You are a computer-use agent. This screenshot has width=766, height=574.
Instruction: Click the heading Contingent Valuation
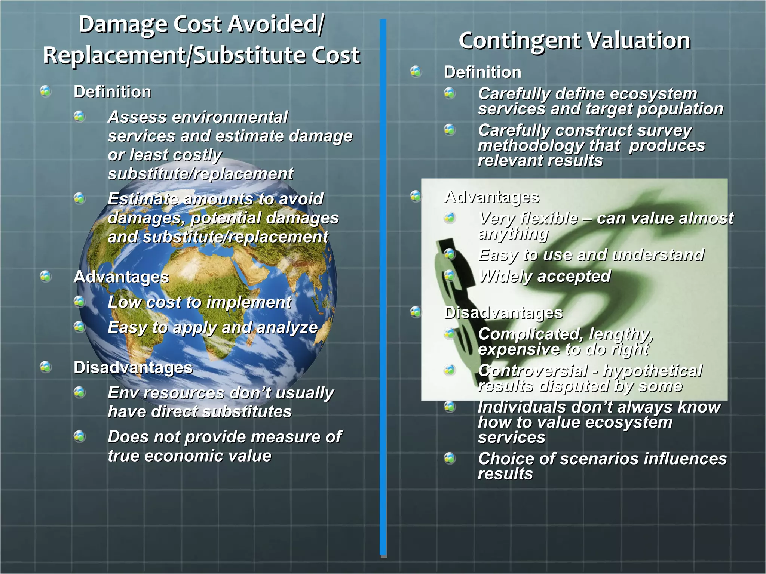pos(574,40)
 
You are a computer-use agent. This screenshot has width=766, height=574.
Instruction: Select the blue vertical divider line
pos(383,288)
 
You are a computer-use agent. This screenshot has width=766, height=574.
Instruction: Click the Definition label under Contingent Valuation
pos(482,72)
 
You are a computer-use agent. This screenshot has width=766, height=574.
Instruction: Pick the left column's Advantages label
pos(121,277)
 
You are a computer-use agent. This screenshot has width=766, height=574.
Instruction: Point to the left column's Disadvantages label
pos(133,367)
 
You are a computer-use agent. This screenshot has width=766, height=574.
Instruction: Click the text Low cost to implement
pos(199,302)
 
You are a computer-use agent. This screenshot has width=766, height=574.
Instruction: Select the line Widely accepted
pos(545,277)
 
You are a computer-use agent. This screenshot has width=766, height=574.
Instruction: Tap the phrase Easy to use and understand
pos(591,255)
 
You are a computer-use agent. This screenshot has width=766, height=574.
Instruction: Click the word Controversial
pos(533,371)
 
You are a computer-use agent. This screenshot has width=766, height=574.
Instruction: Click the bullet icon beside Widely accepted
pos(450,276)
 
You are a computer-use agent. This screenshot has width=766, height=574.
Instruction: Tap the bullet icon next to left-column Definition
pos(46,91)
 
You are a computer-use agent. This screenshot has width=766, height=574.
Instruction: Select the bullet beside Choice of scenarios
pos(450,458)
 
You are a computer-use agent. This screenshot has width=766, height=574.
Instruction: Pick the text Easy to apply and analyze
pos(212,327)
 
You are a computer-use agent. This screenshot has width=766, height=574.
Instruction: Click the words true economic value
pos(189,456)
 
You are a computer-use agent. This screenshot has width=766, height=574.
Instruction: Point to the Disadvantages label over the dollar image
pos(503,313)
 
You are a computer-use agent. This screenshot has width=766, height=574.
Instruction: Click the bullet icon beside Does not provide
pos(80,436)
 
